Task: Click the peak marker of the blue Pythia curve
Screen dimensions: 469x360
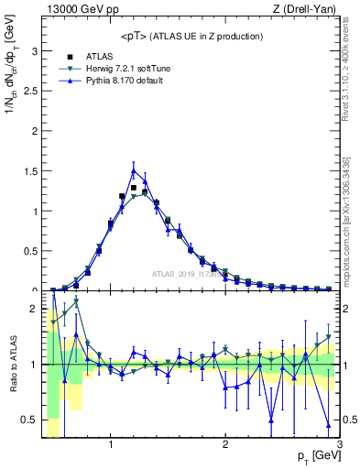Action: pos(134,170)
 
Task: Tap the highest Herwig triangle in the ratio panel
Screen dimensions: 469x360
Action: pos(76,300)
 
